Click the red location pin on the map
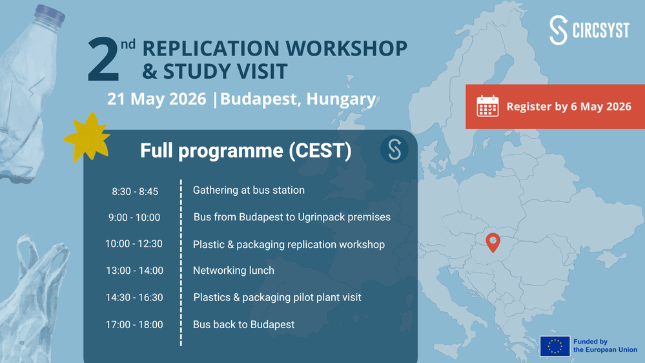[493, 242]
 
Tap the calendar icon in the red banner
[487, 106]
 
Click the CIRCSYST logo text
[601, 30]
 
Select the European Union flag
[555, 346]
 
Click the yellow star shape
[87, 138]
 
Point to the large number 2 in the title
[103, 59]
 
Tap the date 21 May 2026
[157, 99]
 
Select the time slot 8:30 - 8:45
[135, 191]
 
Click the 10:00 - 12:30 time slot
[134, 244]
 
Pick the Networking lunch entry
[234, 271]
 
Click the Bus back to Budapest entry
[243, 324]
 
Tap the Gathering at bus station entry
[249, 190]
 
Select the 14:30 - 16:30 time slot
[134, 297]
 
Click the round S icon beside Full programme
[394, 149]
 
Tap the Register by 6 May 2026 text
[569, 107]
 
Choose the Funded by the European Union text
[605, 346]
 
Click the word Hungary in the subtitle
[341, 99]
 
